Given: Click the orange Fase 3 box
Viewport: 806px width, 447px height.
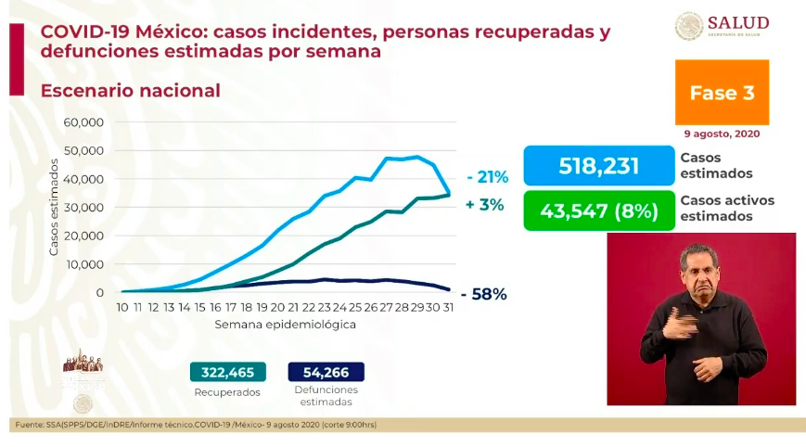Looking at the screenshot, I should pyautogui.click(x=723, y=93).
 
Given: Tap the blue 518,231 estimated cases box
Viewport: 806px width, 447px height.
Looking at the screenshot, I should pyautogui.click(x=598, y=165).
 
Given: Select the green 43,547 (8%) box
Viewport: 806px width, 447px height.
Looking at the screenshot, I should pyautogui.click(x=598, y=211).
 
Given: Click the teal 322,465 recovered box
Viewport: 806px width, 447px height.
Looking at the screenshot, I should pyautogui.click(x=227, y=372).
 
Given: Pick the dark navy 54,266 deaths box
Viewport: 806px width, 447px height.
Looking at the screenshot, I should pyautogui.click(x=326, y=372).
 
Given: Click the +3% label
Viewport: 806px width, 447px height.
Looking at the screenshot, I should pyautogui.click(x=485, y=205).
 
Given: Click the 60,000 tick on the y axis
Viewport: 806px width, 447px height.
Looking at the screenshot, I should pyautogui.click(x=83, y=122).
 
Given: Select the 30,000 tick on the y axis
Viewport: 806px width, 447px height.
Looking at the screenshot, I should pyautogui.click(x=83, y=208).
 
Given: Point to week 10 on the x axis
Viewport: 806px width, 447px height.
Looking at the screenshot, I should pyautogui.click(x=122, y=307).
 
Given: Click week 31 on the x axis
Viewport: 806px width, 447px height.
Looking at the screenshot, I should pyautogui.click(x=449, y=307).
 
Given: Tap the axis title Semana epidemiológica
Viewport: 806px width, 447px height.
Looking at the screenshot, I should pyautogui.click(x=285, y=325).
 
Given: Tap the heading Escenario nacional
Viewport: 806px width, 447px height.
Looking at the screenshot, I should pyautogui.click(x=130, y=91).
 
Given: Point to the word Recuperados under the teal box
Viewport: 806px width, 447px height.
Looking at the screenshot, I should pyautogui.click(x=227, y=392).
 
